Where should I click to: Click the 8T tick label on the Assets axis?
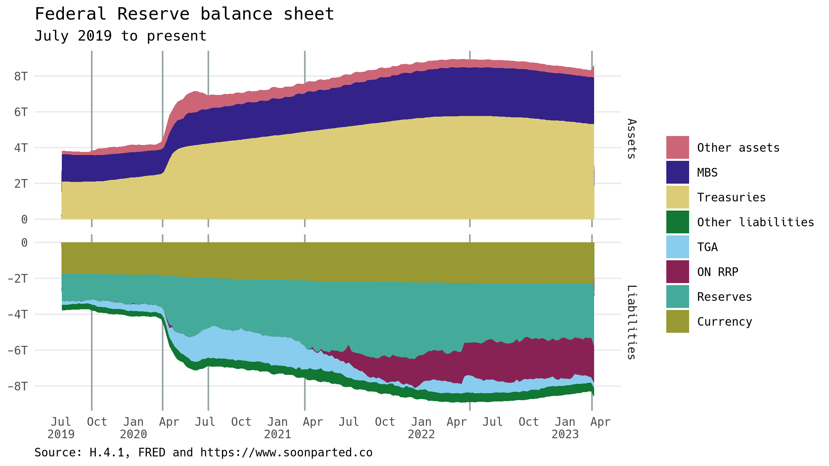pyautogui.click(x=21, y=76)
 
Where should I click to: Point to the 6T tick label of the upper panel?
pyautogui.click(x=21, y=112)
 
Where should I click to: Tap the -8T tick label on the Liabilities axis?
pyautogui.click(x=18, y=386)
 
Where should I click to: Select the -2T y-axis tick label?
pyautogui.click(x=18, y=278)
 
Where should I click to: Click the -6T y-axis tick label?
pyautogui.click(x=18, y=350)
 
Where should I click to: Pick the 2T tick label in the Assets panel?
pyautogui.click(x=21, y=184)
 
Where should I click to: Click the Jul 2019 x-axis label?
pyautogui.click(x=61, y=428)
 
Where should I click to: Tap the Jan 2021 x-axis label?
pyautogui.click(x=277, y=428)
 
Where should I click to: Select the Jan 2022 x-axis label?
pyautogui.click(x=421, y=428)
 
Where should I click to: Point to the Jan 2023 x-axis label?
pyautogui.click(x=565, y=428)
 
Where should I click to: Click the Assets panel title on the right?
pyautogui.click(x=631, y=138)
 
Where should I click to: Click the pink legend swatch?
pyautogui.click(x=677, y=147)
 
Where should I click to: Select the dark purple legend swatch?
pyautogui.click(x=677, y=172)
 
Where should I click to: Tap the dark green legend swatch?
pyautogui.click(x=677, y=222)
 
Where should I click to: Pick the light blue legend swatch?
pyautogui.click(x=677, y=247)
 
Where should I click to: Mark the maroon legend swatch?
pyautogui.click(x=677, y=272)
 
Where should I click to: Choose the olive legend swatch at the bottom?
pyautogui.click(x=677, y=321)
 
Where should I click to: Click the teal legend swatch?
pyautogui.click(x=677, y=297)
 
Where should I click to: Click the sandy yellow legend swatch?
pyautogui.click(x=677, y=197)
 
